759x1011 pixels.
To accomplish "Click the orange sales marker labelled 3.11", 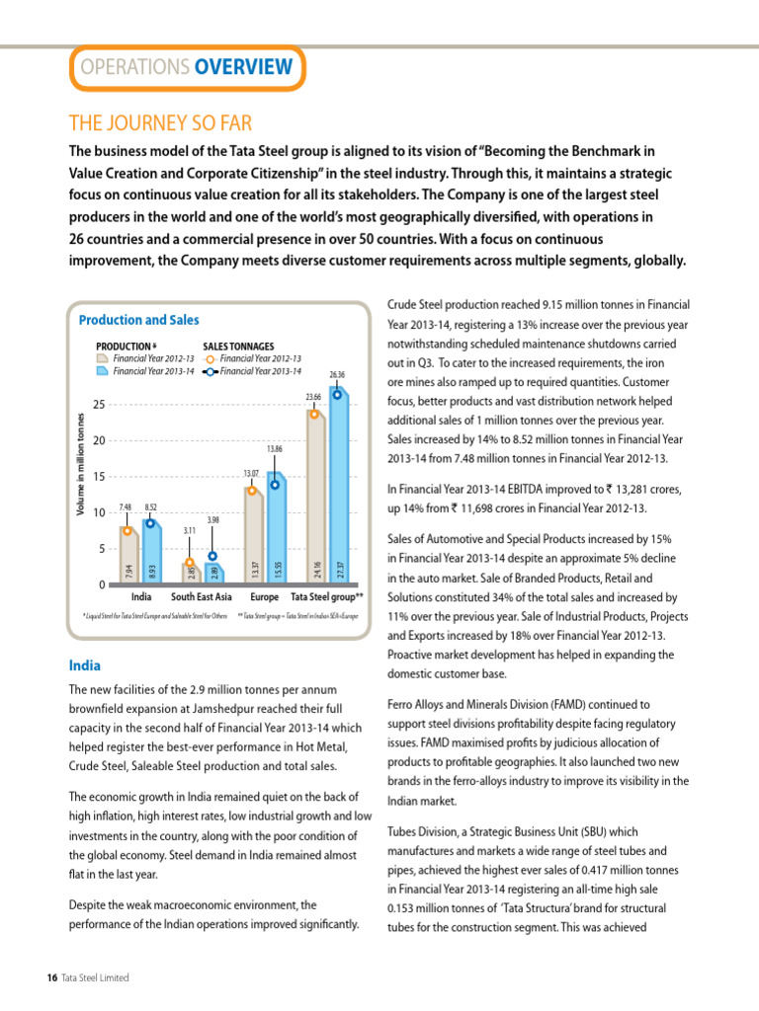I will [x=190, y=563].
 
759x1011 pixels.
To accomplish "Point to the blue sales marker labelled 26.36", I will [x=338, y=394].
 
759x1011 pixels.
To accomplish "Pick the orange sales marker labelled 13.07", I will [x=252, y=490].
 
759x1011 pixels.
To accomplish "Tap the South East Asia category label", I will [x=202, y=597].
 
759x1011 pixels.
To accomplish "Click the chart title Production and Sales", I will [x=138, y=320].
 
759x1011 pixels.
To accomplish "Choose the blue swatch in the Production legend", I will [x=102, y=372].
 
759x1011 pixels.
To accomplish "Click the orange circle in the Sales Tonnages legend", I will [x=210, y=359].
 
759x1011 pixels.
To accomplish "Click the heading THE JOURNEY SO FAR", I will [x=160, y=123].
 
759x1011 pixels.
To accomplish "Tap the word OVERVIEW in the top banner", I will [x=243, y=67].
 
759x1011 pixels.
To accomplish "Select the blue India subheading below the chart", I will [x=84, y=665].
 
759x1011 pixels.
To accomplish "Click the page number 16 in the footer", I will [x=52, y=977].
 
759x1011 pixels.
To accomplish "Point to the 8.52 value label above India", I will [x=150, y=506].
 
